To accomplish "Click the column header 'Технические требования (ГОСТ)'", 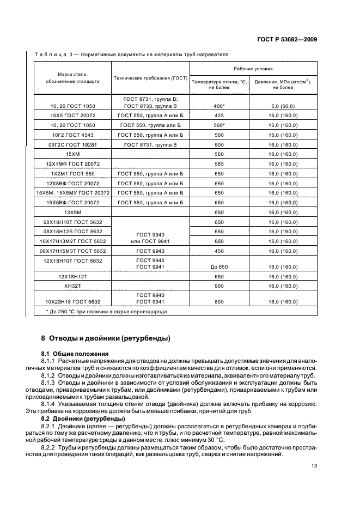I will coord(150,78).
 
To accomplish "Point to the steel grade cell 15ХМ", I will coord(72,154).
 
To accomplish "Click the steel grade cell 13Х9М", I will coord(72,212).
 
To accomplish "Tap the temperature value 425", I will coord(219,116).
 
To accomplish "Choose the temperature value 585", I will coord(219,163).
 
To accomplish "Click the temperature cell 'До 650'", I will coord(219,267).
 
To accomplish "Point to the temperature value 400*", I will coord(219,106).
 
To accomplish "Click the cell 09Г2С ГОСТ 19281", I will coord(72,144).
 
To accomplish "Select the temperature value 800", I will coord(219,301).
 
